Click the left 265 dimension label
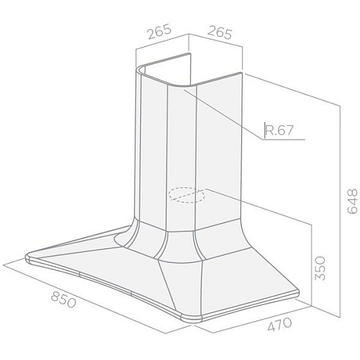(x=159, y=31)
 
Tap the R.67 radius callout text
(x=279, y=130)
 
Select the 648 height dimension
(x=352, y=201)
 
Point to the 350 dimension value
(x=320, y=268)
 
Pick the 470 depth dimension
(x=279, y=324)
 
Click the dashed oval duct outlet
(x=186, y=195)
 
